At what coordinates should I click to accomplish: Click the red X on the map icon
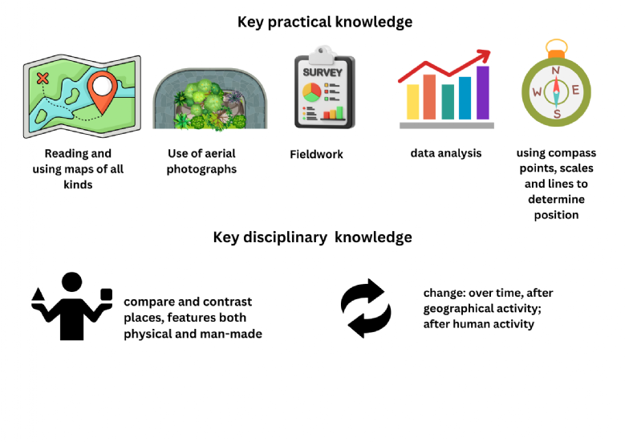(43, 78)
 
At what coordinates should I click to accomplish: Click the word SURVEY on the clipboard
(323, 72)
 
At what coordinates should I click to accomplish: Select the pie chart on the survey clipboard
(312, 92)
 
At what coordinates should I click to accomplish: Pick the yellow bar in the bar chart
(413, 102)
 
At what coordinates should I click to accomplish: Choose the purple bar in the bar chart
(483, 93)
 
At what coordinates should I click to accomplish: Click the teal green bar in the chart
(448, 102)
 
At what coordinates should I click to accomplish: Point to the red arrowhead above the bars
(484, 56)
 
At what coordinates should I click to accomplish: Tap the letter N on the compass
(556, 71)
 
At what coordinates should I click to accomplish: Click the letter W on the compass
(537, 91)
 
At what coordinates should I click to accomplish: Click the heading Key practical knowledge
(325, 22)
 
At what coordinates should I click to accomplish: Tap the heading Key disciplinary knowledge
(313, 237)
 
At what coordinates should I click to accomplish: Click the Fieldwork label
(316, 154)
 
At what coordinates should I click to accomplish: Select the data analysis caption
(446, 153)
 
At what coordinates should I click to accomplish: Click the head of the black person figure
(71, 282)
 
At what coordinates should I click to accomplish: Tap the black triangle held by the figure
(39, 294)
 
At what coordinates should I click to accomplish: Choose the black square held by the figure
(106, 294)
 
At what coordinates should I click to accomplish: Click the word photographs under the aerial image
(201, 169)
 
